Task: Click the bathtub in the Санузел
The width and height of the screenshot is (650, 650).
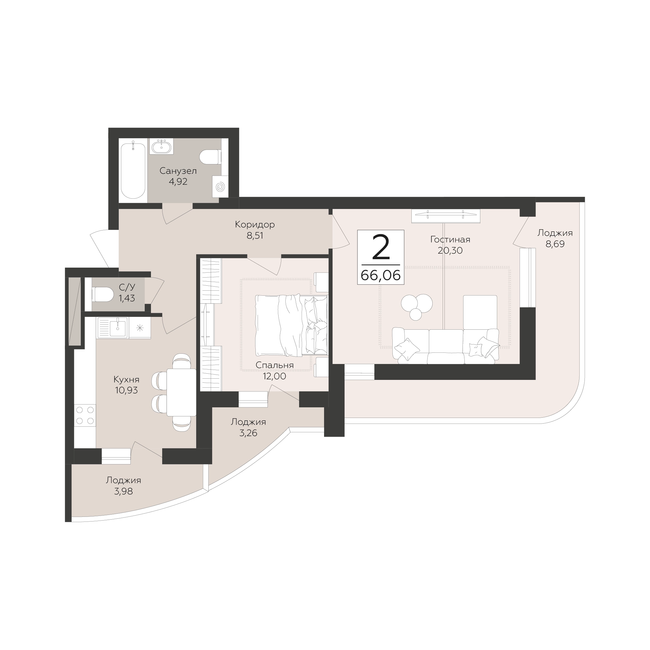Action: [x=133, y=171]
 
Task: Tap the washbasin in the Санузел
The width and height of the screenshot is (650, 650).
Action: [x=162, y=147]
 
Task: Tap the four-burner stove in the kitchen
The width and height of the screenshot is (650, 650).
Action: [x=85, y=415]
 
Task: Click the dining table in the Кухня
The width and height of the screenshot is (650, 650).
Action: [x=181, y=392]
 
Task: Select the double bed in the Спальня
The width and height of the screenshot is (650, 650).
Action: [x=291, y=325]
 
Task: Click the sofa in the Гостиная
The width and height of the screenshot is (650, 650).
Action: [x=445, y=346]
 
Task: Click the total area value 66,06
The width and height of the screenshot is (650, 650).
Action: [x=381, y=275]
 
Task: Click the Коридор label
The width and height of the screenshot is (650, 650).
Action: [x=255, y=224]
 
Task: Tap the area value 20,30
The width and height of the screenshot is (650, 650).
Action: [x=450, y=250]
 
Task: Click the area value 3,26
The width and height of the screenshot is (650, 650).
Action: [x=248, y=433]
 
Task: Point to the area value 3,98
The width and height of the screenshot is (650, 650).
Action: [x=124, y=491]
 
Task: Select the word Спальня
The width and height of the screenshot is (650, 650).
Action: [x=274, y=365]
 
